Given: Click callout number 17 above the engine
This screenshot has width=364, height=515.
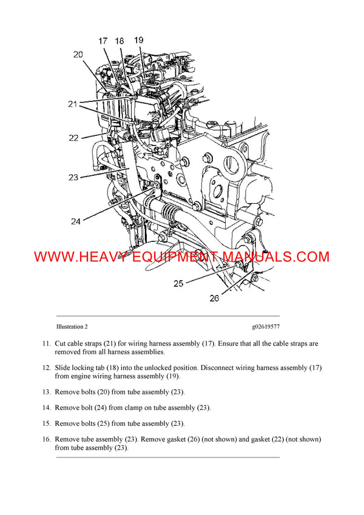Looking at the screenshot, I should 103,41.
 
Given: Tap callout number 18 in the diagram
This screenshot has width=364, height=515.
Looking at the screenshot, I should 120,41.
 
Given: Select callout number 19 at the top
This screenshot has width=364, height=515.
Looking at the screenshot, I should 138,40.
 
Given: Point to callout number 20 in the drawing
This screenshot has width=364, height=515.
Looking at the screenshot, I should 78,55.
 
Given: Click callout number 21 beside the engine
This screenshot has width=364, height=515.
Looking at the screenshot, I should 73,104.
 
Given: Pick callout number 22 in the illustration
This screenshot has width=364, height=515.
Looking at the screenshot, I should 73,138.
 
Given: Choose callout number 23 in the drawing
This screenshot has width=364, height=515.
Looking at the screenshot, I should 73,178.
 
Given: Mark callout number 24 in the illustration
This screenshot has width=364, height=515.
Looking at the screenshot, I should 75,221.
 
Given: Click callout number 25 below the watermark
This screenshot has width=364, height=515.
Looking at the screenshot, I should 179,283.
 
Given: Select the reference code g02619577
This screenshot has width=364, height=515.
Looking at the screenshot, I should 266,326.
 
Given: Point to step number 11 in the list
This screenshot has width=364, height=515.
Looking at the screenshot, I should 46,344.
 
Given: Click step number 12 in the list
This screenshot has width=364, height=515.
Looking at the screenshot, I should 46,368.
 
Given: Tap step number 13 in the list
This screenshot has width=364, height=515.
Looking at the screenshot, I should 46,392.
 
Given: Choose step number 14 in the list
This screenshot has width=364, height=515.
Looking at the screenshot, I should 46,408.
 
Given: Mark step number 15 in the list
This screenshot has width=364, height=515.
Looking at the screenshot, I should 46,423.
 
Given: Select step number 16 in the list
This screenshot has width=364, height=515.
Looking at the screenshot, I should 46,439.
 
